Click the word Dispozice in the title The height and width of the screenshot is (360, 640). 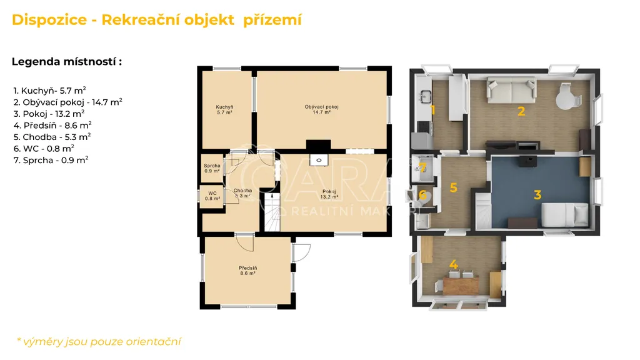click(x=49, y=19)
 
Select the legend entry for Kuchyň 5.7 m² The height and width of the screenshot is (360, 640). click(x=49, y=90)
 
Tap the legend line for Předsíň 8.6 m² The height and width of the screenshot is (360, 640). click(x=52, y=125)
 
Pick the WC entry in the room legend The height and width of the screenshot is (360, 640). click(x=44, y=148)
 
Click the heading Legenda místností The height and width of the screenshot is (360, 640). click(x=66, y=62)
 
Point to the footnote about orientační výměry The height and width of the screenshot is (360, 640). click(x=99, y=342)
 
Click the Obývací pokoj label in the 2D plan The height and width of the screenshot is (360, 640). click(x=322, y=109)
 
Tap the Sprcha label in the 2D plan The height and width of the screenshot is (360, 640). click(x=212, y=168)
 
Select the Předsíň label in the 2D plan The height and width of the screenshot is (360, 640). click(x=247, y=271)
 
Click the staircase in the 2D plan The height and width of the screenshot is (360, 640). click(x=272, y=212)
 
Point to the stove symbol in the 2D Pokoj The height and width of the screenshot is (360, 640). click(x=319, y=160)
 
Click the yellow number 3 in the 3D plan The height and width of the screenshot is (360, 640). click(x=537, y=195)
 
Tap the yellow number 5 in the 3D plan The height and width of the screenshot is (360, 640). click(x=454, y=187)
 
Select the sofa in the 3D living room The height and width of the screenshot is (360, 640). click(x=511, y=90)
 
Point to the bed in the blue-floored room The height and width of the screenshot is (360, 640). click(x=565, y=214)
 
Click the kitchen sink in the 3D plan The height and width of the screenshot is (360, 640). click(x=424, y=97)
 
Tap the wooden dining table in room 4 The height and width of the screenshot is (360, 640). click(x=461, y=285)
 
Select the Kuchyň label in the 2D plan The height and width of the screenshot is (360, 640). click(x=224, y=109)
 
